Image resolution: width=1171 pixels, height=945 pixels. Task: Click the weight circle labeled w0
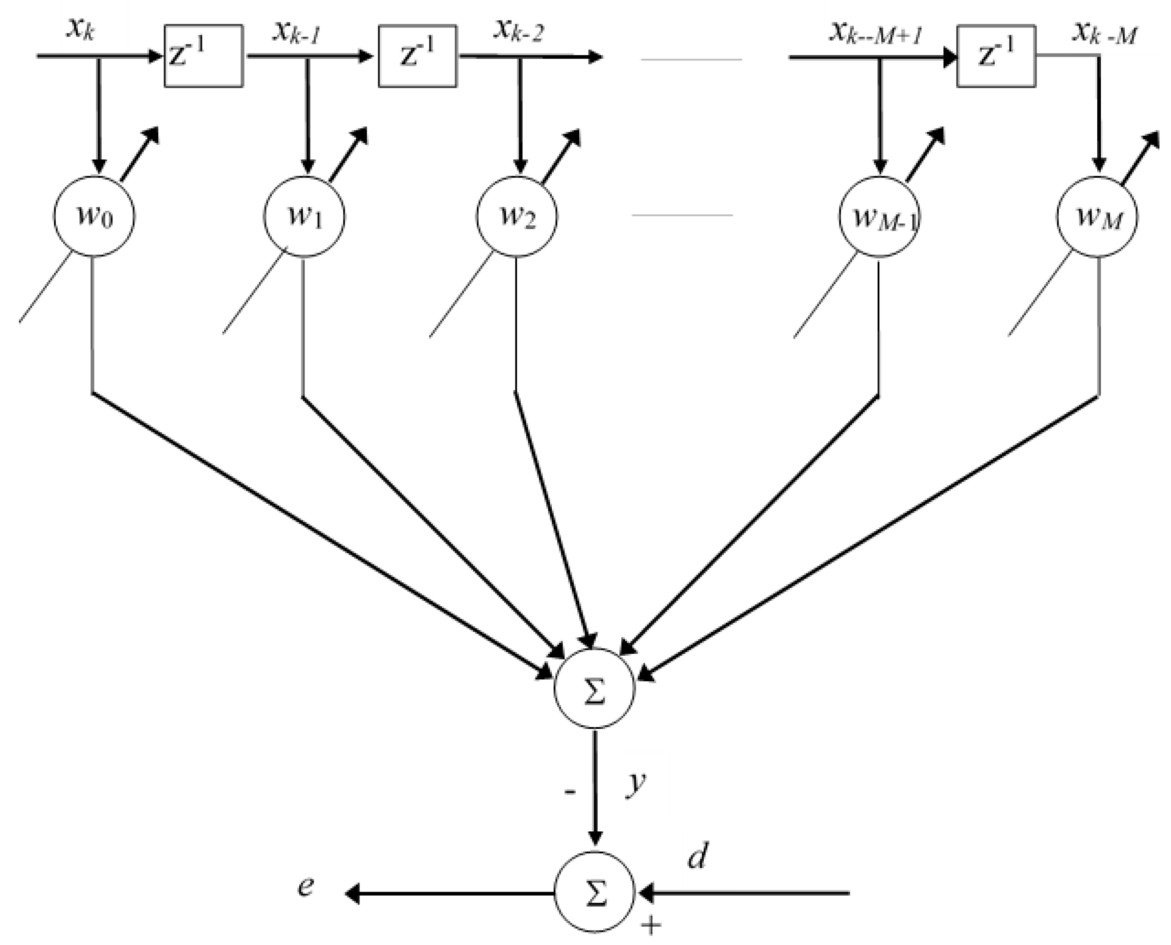tap(94, 216)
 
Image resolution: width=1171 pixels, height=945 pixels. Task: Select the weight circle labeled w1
tap(304, 216)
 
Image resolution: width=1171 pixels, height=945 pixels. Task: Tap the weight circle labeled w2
tap(517, 216)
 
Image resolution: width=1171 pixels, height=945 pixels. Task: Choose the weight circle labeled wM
tap(1097, 217)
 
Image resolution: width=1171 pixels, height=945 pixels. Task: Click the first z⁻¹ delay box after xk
tap(204, 56)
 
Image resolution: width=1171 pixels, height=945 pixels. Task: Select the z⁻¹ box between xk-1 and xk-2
tap(417, 56)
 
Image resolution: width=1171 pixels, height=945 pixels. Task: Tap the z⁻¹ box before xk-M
tap(996, 56)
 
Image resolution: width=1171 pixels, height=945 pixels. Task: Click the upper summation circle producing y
tap(594, 688)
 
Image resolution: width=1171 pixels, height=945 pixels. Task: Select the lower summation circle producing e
tap(594, 893)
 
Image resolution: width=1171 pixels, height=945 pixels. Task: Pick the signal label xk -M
tap(1104, 34)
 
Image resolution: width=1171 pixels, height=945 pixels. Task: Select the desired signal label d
tap(697, 856)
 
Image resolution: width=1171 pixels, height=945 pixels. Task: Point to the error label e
tap(306, 886)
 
